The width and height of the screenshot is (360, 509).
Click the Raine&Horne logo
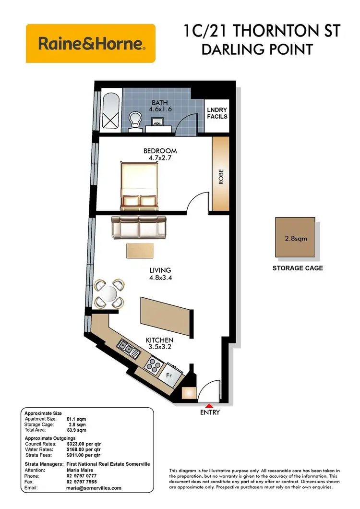click(x=91, y=44)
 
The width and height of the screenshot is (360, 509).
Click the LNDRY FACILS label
click(x=217, y=113)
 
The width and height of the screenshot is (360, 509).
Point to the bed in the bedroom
click(x=139, y=185)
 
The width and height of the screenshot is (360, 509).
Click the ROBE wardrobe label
click(x=221, y=175)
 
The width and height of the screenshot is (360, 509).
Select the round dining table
click(x=109, y=293)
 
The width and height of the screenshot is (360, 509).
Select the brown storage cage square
click(x=295, y=238)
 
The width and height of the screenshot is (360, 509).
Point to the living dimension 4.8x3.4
click(x=160, y=277)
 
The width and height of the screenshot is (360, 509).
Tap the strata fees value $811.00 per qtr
click(x=84, y=454)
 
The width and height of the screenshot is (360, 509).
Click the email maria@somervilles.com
click(x=94, y=487)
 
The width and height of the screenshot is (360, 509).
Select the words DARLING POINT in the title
click(x=257, y=49)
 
